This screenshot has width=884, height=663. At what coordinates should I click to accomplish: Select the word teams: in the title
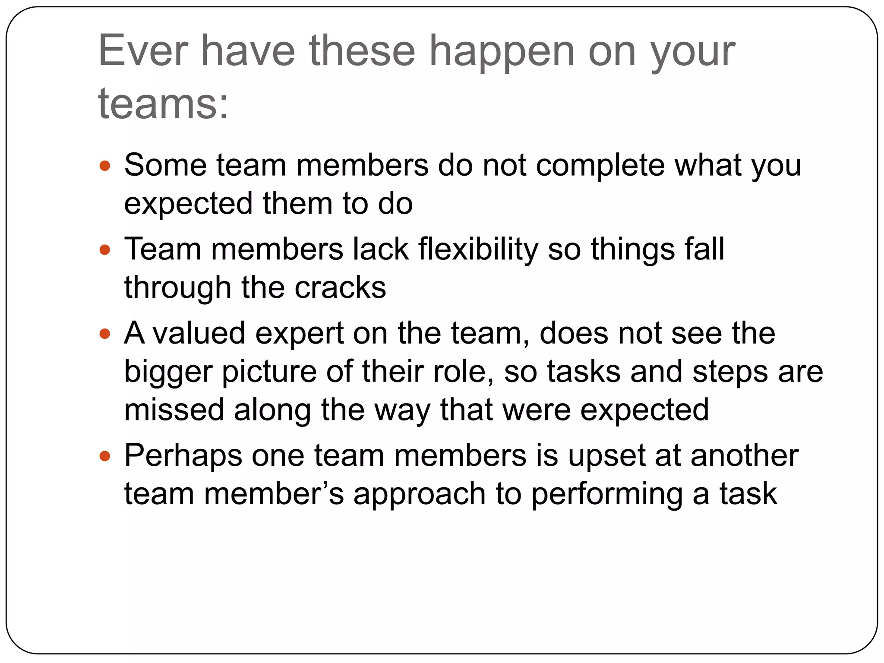pos(163,104)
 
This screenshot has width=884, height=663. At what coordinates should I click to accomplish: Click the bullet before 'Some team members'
pos(105,165)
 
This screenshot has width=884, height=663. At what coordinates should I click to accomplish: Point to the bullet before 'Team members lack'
pos(105,249)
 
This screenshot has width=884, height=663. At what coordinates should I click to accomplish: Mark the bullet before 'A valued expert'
pos(105,334)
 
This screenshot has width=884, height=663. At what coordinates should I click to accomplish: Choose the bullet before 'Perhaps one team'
pos(105,455)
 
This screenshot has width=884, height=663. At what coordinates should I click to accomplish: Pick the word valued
pos(199,333)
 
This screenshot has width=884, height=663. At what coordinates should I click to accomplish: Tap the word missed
pos(174,410)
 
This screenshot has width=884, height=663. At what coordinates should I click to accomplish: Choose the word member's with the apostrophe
pos(274,494)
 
